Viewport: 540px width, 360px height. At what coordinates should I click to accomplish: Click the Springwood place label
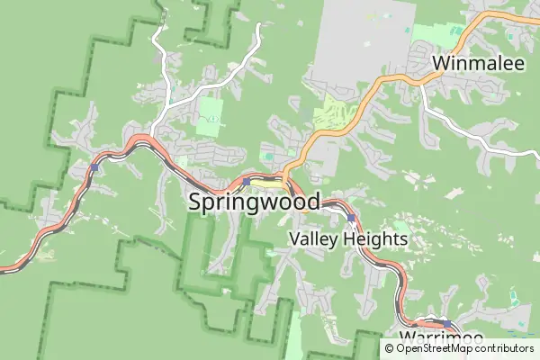point(255,202)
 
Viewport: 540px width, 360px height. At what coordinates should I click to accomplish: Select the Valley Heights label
point(348,239)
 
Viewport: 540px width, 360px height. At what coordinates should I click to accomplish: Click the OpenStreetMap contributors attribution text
point(459,348)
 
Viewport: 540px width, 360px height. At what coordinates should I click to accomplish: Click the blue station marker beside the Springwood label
point(246,181)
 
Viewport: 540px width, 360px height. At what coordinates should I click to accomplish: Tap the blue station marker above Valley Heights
point(350,218)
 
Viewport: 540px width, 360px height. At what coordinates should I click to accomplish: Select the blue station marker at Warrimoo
point(445,323)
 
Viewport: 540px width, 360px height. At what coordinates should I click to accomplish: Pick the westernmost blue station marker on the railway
point(94,167)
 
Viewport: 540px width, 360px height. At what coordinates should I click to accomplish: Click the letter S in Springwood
point(196,202)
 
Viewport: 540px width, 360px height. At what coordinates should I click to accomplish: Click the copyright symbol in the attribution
point(390,348)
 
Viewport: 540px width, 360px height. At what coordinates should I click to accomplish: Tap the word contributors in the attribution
point(502,348)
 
